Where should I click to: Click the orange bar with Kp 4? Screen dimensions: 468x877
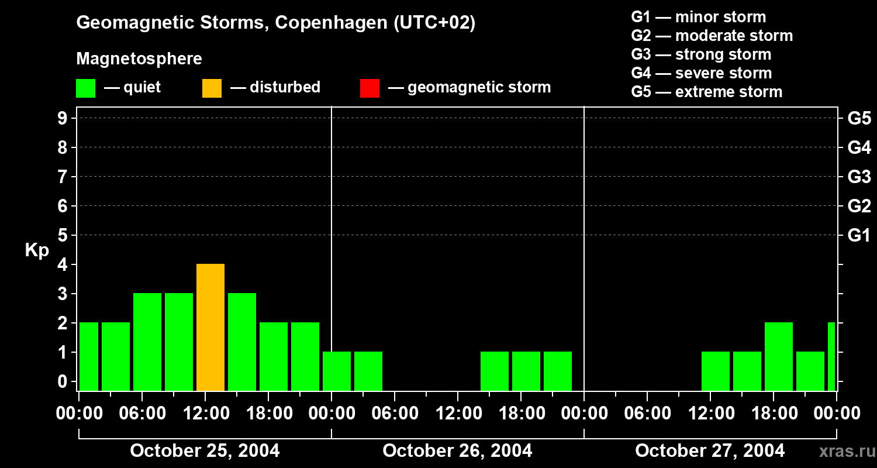coord(210,328)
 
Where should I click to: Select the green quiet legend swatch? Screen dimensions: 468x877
coord(85,88)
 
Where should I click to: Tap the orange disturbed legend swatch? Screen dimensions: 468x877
coord(212,88)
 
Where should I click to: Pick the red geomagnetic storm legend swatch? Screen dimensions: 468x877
coord(370,88)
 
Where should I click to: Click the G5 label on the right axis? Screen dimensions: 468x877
coord(859,119)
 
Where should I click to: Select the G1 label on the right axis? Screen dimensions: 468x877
coord(859,236)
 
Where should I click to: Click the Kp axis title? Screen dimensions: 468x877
coord(37,250)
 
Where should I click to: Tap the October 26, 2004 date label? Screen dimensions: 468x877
coord(457,450)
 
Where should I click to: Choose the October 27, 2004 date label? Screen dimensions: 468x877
coord(710,450)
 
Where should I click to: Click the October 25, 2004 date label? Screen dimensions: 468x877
coord(205,450)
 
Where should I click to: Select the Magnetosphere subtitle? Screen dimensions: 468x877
coord(139,59)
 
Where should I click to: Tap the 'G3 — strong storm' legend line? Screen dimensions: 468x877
coord(701,54)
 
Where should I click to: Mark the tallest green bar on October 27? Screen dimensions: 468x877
coord(779,356)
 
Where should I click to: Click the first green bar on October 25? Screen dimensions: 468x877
coord(89,356)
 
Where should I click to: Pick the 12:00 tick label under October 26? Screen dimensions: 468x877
coord(458,414)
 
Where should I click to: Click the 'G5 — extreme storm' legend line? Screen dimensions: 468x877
coord(706,92)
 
